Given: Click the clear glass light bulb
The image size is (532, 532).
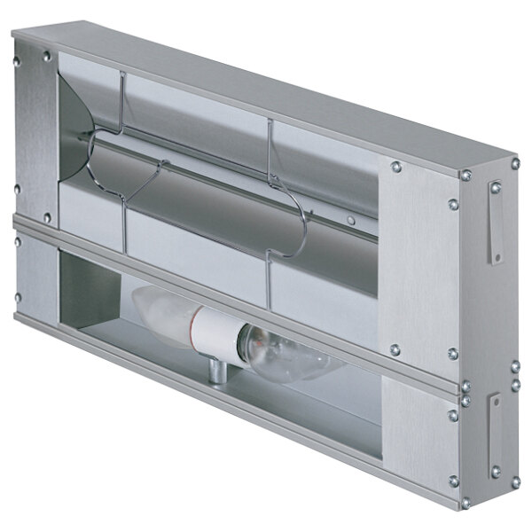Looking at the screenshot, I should (x=286, y=354).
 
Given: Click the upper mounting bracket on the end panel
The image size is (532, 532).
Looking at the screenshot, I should (x=495, y=222).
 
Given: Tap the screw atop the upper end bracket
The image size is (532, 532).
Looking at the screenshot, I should (x=496, y=187).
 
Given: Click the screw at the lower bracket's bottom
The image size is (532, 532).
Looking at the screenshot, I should (x=496, y=471).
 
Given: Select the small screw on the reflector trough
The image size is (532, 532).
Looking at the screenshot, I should (x=352, y=220).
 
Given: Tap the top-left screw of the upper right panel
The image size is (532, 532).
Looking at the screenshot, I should (x=395, y=166).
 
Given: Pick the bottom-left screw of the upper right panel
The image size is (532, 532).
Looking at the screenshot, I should (x=395, y=349).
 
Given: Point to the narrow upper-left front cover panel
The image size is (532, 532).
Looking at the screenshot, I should (x=34, y=133).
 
